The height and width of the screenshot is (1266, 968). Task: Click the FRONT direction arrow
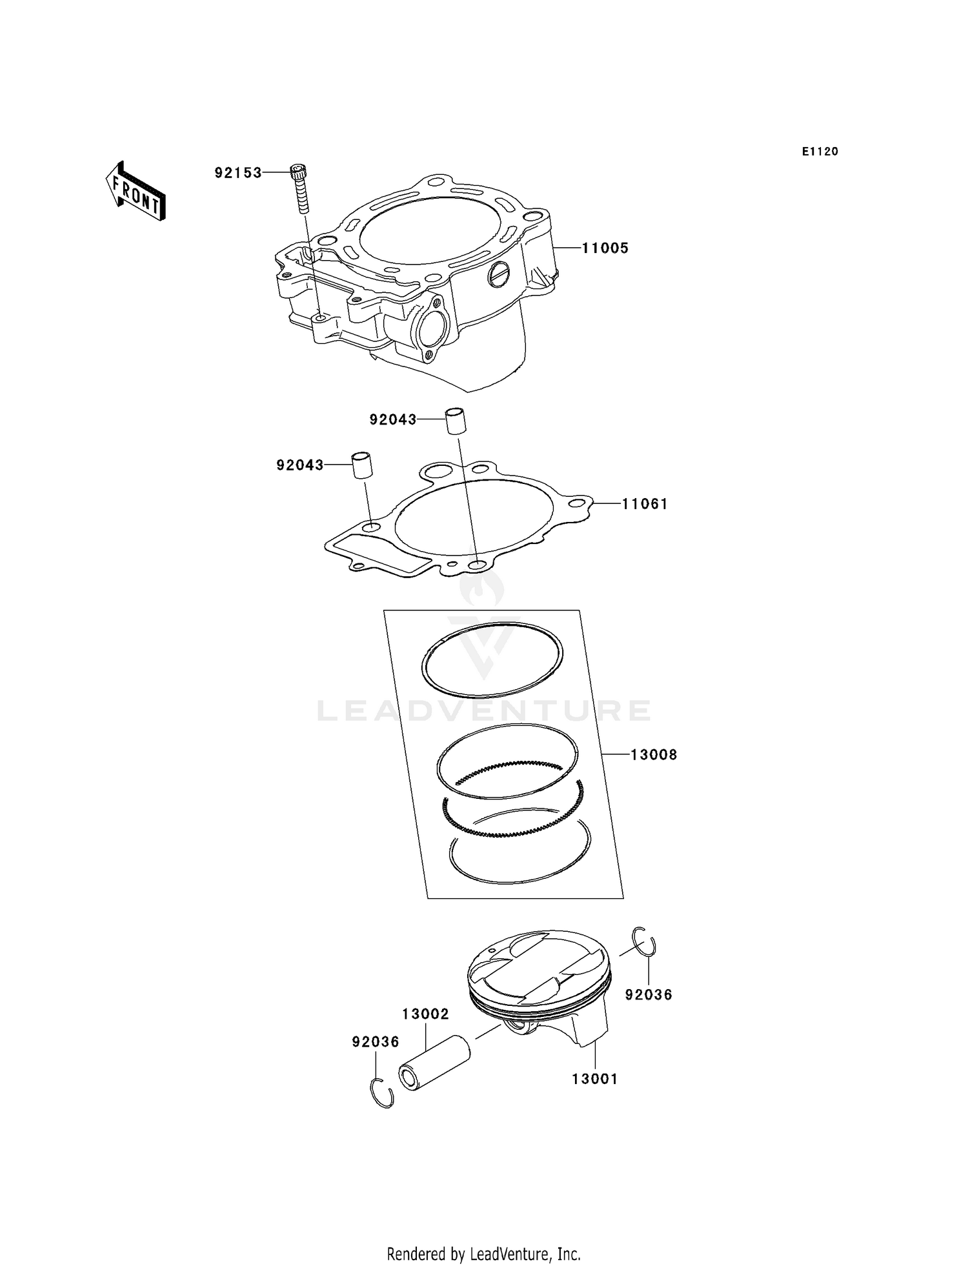136,192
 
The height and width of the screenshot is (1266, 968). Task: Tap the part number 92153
238,173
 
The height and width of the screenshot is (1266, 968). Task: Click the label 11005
605,248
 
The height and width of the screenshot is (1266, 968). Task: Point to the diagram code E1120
820,152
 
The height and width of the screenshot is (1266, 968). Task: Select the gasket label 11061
644,504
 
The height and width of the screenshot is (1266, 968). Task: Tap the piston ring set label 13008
653,754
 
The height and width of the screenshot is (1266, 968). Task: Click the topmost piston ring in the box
492,659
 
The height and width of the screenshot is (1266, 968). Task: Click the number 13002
425,1014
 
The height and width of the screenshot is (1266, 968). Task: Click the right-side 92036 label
648,995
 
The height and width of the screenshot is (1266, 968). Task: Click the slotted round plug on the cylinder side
499,275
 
